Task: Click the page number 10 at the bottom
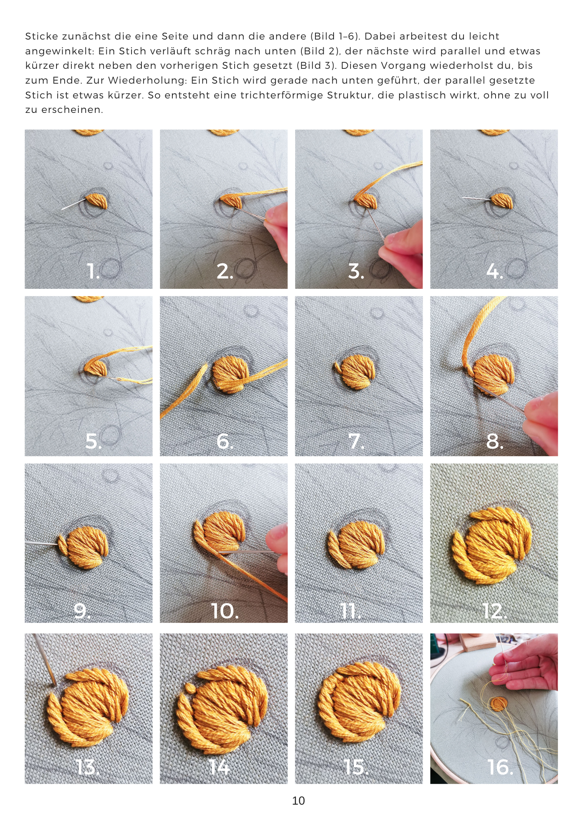(298, 801)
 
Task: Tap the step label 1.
(94, 271)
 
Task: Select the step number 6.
(225, 441)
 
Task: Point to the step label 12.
(494, 611)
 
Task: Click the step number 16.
(500, 767)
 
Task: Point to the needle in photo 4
(476, 199)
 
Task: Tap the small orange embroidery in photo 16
(498, 703)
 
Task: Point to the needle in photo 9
(41, 544)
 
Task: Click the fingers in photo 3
(402, 253)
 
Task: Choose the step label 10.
(225, 611)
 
